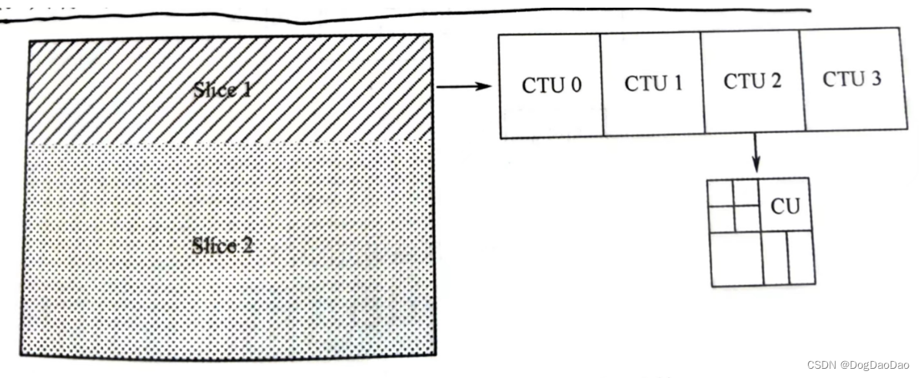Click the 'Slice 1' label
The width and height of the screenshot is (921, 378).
(x=223, y=89)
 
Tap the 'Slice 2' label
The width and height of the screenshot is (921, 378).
(x=224, y=247)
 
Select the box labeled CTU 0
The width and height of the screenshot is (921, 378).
(x=551, y=85)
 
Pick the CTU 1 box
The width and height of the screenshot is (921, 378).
(x=653, y=83)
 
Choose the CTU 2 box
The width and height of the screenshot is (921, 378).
(x=752, y=81)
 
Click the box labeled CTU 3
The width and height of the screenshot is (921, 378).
(x=851, y=79)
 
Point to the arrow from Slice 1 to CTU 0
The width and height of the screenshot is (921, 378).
(x=464, y=86)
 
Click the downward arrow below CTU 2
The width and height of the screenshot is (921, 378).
(x=756, y=153)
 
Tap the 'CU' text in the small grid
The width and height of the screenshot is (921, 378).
(x=785, y=206)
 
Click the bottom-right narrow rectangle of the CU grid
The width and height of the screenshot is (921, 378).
(x=801, y=257)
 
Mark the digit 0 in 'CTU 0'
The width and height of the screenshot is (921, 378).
(x=575, y=85)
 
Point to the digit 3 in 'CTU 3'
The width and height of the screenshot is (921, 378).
(x=875, y=78)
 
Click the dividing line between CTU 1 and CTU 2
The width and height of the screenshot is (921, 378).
(x=702, y=83)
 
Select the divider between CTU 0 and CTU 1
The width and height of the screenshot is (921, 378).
(x=601, y=85)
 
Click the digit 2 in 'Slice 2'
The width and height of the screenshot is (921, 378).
(x=248, y=247)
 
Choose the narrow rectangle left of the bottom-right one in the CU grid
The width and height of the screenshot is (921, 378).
(x=776, y=258)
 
